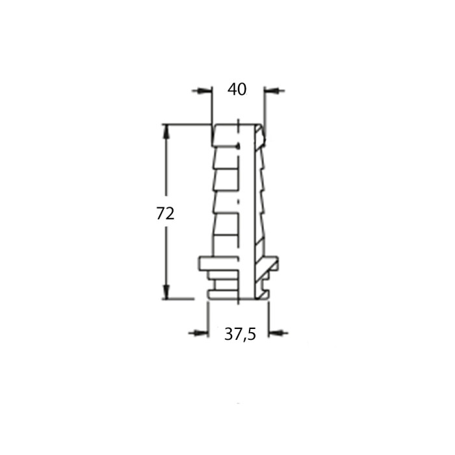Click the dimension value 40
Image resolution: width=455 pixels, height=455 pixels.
click(237, 89)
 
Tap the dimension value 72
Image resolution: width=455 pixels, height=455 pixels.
click(165, 213)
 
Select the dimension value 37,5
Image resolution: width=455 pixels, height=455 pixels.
click(240, 334)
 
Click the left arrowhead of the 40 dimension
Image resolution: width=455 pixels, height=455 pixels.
click(205, 91)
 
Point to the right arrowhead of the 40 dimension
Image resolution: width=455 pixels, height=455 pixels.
click(271, 91)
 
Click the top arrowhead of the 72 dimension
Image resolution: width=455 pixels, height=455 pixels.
click(166, 132)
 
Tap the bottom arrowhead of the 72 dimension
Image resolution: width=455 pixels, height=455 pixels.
click(166, 291)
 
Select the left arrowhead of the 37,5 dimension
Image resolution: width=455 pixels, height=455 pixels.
click(200, 333)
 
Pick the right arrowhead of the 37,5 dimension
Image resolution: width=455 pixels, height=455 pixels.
click(276, 333)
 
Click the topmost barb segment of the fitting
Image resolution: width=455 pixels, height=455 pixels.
click(226, 135)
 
